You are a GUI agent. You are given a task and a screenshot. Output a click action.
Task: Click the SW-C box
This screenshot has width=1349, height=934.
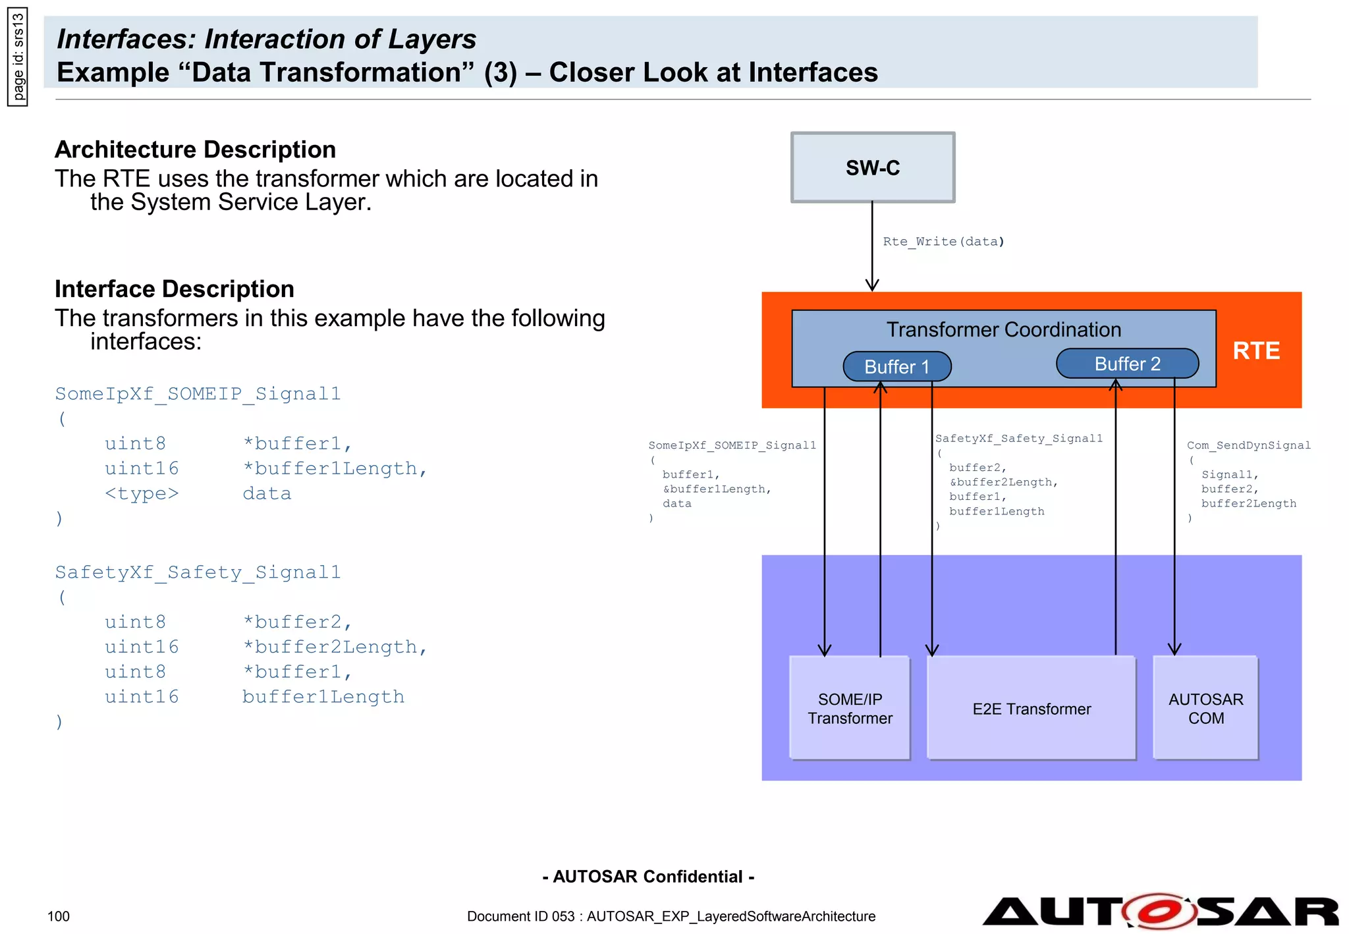[872, 167]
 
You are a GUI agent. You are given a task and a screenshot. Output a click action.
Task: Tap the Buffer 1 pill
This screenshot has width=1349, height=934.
[896, 366]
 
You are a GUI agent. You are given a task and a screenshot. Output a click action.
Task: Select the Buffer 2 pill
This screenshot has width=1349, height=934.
[1126, 364]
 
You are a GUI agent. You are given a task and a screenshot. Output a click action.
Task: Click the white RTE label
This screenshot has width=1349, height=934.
[1255, 350]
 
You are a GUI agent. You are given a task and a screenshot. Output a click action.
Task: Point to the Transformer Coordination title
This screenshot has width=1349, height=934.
[1003, 329]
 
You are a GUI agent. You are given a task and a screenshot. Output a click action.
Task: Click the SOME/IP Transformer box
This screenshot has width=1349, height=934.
[849, 708]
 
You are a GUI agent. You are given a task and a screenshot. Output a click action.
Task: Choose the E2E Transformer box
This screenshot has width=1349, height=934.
[1031, 708]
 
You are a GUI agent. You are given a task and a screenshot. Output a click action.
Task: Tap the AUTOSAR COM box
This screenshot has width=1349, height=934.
[1205, 708]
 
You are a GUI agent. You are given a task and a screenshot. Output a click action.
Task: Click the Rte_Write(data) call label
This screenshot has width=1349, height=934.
[943, 242]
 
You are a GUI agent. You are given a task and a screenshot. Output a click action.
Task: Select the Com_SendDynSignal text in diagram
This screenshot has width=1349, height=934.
[1248, 445]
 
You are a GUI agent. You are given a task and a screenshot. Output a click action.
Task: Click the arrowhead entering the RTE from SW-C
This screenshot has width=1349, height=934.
[872, 285]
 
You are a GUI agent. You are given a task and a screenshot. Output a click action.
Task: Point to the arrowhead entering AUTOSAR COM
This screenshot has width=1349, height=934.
[1174, 649]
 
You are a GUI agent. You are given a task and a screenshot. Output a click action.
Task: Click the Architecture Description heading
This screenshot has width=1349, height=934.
[195, 150]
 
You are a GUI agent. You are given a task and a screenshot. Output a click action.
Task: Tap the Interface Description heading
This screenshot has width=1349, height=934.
[175, 289]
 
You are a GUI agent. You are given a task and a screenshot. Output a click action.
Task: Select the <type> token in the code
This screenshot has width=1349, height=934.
[142, 493]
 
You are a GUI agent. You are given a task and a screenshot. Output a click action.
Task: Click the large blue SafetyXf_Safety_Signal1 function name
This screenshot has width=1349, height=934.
[198, 572]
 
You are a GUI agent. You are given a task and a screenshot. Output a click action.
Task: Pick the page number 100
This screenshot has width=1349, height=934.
[59, 916]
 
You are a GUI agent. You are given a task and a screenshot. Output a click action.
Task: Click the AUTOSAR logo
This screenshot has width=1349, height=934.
[1159, 912]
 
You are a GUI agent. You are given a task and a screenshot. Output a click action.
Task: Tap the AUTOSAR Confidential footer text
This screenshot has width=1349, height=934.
[648, 877]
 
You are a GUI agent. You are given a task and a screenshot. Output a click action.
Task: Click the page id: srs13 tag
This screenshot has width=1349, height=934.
[18, 56]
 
